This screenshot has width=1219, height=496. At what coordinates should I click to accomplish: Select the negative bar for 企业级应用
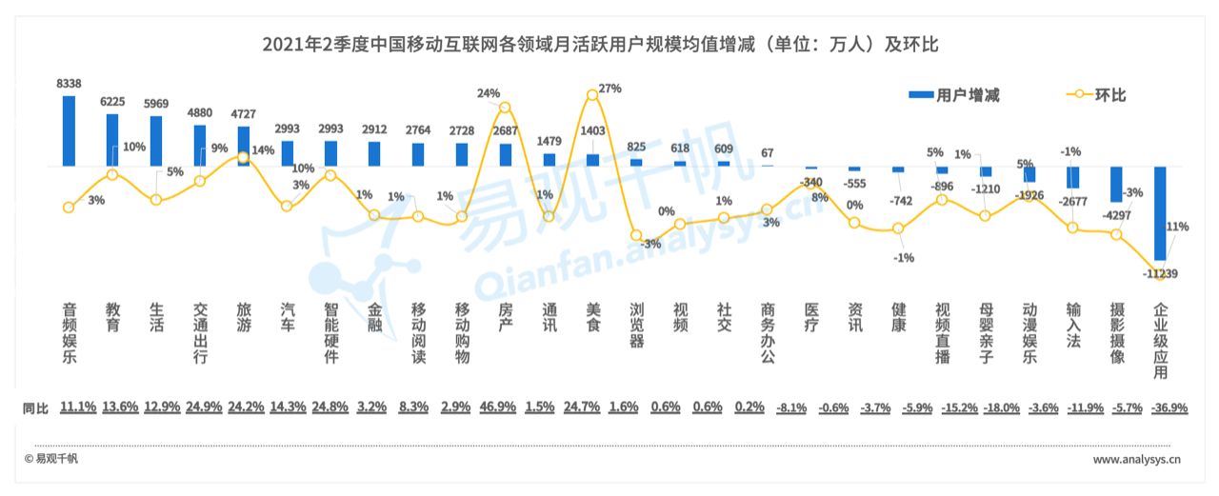pyautogui.click(x=1160, y=213)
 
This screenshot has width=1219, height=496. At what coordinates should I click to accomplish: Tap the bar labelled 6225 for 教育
pyautogui.click(x=112, y=140)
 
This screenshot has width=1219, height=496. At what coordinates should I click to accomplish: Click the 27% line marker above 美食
pyautogui.click(x=592, y=94)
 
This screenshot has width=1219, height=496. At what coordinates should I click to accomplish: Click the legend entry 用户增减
pyautogui.click(x=954, y=95)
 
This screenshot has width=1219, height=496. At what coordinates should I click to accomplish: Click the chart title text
pyautogui.click(x=601, y=44)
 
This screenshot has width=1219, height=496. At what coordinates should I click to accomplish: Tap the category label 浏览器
pyautogui.click(x=636, y=325)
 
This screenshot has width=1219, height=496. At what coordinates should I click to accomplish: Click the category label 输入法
pyautogui.click(x=1073, y=325)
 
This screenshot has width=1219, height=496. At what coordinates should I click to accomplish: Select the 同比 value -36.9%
pyautogui.click(x=1160, y=407)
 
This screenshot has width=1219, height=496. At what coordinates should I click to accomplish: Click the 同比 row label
pyautogui.click(x=35, y=407)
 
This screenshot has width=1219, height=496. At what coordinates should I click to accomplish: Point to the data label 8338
pyautogui.click(x=69, y=84)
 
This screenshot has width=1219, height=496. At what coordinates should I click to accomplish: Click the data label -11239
pyautogui.click(x=1161, y=274)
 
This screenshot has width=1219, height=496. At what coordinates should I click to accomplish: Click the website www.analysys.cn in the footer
pyautogui.click(x=1137, y=460)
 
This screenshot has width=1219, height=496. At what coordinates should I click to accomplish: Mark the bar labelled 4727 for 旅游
pyautogui.click(x=244, y=147)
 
